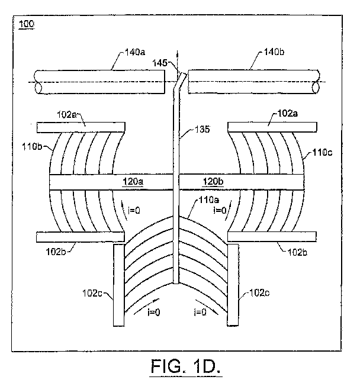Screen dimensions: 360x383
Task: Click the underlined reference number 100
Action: click(x=27, y=24)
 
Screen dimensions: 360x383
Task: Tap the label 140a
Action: click(x=135, y=52)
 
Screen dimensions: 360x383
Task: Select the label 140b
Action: click(x=274, y=52)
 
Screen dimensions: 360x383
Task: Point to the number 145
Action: click(x=160, y=63)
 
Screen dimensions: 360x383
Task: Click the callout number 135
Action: click(x=202, y=129)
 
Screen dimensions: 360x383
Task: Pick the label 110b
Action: click(x=32, y=147)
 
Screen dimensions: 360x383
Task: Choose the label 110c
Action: click(x=323, y=152)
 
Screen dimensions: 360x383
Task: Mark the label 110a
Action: click(x=209, y=200)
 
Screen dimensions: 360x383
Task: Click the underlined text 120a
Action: click(x=133, y=182)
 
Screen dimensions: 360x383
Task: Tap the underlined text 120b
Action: click(x=213, y=182)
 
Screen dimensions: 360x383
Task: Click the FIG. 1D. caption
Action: click(x=186, y=366)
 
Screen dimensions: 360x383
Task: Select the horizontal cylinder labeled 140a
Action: click(x=99, y=82)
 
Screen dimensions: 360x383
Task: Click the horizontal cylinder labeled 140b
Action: click(x=253, y=82)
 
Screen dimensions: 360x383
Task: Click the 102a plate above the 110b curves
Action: click(x=81, y=127)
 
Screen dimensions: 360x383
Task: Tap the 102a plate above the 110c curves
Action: click(x=272, y=127)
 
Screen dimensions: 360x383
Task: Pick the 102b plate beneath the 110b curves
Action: click(x=81, y=237)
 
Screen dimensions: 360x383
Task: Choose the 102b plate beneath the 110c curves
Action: click(x=272, y=236)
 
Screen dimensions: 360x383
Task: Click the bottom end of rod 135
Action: click(x=176, y=284)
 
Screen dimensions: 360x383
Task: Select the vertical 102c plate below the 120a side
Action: click(x=119, y=285)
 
